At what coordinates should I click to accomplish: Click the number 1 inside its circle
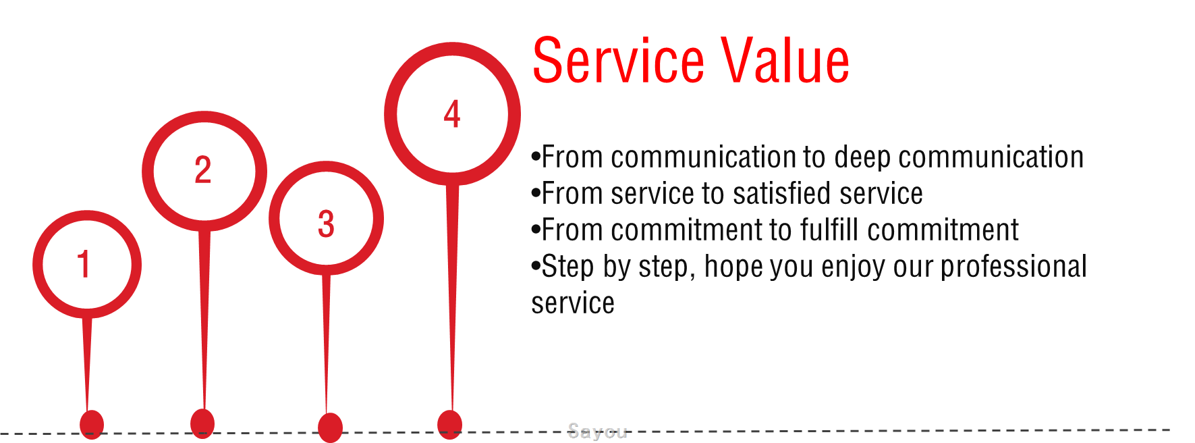point(84,264)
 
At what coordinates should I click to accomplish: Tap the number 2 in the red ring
point(203,170)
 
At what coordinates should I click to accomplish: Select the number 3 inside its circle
point(326,224)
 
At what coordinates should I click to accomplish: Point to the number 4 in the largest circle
point(452,114)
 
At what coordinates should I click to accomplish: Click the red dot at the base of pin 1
point(92,425)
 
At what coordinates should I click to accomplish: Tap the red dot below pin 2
point(202,423)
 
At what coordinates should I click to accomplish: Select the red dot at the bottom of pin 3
point(330,427)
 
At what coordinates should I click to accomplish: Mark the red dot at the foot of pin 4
point(450,424)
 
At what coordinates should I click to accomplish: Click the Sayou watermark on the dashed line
point(597,431)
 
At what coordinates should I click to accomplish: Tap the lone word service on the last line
point(573,304)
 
